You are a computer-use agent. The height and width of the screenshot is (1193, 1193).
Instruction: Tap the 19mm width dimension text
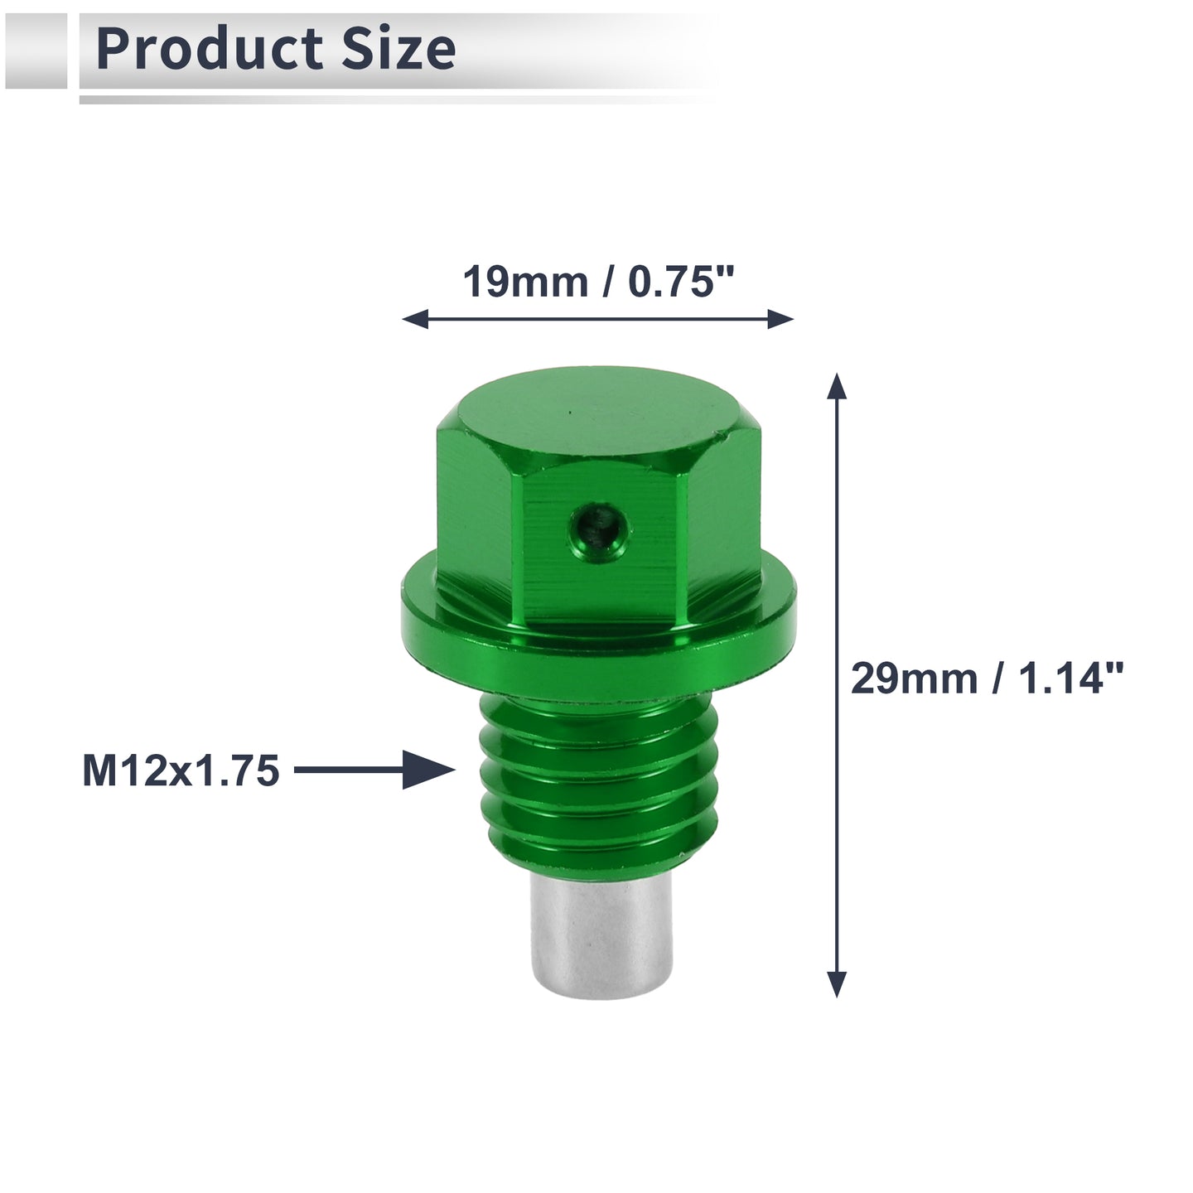click(525, 283)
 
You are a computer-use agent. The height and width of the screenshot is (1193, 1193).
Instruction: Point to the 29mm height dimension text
click(914, 679)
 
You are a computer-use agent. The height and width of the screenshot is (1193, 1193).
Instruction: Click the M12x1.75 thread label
click(181, 770)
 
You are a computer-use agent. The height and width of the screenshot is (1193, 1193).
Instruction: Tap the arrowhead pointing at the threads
click(428, 770)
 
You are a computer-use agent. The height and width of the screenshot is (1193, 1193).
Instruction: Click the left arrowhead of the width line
click(415, 320)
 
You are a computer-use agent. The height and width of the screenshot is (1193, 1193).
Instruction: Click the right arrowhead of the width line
click(780, 320)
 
